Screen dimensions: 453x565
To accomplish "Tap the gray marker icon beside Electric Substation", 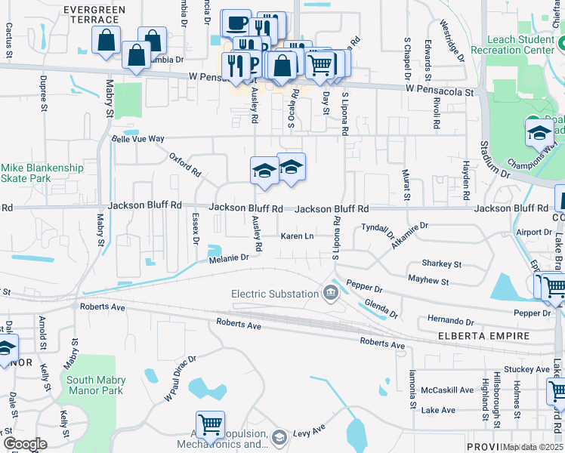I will [329, 293].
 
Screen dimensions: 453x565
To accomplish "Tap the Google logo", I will [25, 443].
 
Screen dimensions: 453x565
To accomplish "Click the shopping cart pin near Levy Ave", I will [209, 424].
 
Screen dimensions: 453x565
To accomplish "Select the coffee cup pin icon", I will [236, 23].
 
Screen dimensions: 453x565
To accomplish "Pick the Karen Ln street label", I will [297, 236].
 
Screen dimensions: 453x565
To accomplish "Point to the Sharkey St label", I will [442, 264].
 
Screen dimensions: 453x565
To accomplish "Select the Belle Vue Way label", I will [137, 139].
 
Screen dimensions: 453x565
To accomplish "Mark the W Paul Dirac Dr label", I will [181, 379].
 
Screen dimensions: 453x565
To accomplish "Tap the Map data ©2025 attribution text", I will [533, 447].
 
